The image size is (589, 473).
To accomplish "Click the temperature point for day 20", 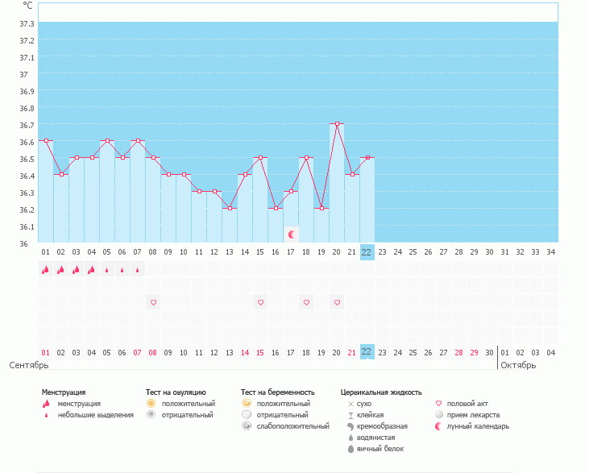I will (337, 124).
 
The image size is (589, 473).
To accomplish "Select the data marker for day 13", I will (230, 209).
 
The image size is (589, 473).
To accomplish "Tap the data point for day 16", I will (276, 209).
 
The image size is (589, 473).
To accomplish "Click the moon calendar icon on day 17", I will (292, 234).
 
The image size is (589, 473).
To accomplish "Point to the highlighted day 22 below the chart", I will (367, 252).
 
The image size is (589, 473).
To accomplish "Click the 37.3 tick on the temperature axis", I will (27, 40).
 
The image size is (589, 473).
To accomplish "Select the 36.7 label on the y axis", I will (27, 125).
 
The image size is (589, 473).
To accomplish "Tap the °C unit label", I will (27, 5).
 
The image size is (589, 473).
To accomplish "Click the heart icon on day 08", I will (153, 302).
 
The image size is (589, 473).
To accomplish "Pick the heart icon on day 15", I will (260, 302).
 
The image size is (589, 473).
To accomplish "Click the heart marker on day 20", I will (337, 302).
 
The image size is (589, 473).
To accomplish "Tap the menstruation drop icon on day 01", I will (46, 270).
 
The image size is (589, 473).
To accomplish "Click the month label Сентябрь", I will (28, 365).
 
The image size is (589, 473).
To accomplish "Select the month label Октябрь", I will (518, 365).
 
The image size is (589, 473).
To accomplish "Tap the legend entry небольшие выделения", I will (95, 415).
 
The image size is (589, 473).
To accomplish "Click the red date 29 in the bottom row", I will (474, 352).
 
